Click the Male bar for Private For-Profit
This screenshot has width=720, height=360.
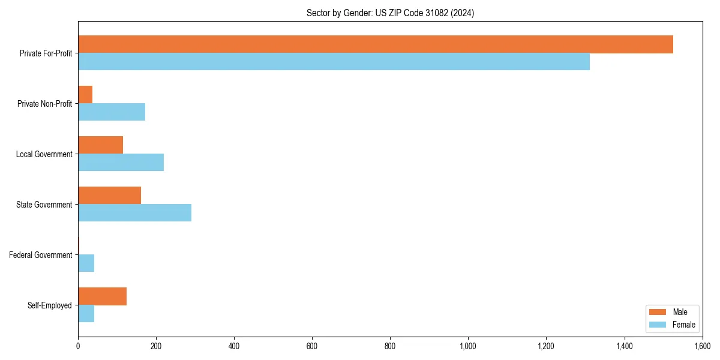pos(376,44)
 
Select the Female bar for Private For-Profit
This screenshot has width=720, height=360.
pos(334,61)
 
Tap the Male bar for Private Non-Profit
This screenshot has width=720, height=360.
pos(85,95)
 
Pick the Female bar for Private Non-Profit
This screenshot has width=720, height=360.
pos(112,112)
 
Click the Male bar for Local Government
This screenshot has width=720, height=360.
pos(100,145)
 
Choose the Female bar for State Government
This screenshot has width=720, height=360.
pos(134,212)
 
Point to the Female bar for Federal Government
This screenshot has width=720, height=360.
pos(86,263)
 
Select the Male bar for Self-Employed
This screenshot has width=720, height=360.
pos(102,296)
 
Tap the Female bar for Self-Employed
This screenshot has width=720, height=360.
pos(86,313)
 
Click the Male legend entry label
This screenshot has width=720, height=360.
pos(680,312)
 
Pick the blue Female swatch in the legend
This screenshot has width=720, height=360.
pos(658,325)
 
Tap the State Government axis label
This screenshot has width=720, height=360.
pos(44,205)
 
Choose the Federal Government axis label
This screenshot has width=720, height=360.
pos(41,255)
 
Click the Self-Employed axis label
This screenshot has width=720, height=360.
pos(50,305)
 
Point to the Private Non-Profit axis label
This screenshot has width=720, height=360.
pos(44,104)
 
